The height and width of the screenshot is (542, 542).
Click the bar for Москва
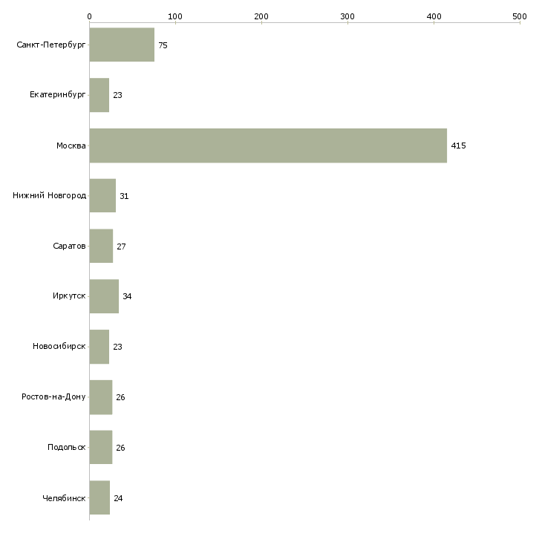point(268,146)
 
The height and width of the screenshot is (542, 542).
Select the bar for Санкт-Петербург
point(122,45)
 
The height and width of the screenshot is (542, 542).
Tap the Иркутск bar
point(104,296)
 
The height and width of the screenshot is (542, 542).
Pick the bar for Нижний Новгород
point(102,196)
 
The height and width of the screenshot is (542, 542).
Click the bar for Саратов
point(101,246)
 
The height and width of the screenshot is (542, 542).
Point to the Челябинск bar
point(99,497)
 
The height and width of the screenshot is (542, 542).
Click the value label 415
point(458,146)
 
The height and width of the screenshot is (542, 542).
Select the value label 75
point(163,46)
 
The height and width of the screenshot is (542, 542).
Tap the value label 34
point(127,297)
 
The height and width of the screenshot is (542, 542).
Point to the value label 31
point(124,197)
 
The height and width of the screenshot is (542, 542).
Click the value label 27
point(121,246)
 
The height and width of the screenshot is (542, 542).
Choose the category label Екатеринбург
point(58,96)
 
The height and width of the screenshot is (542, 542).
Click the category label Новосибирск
point(59,347)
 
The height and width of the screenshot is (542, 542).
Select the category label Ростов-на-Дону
point(54,397)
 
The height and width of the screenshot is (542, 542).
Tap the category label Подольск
point(66,448)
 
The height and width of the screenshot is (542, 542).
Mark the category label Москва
point(71,146)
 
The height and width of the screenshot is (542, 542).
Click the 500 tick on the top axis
point(520,16)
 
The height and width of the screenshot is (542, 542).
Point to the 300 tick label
point(347,16)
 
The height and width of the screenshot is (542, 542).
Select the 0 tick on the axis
point(89,16)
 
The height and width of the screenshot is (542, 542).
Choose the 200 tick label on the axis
point(261,16)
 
